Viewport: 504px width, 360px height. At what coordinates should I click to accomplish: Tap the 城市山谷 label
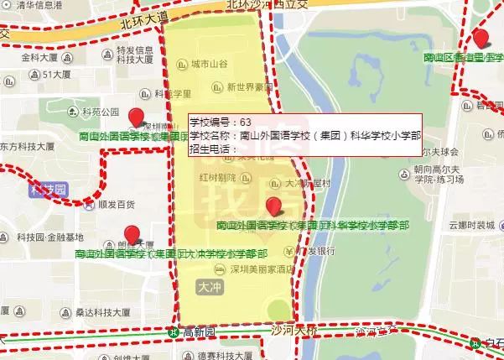pos(208,64)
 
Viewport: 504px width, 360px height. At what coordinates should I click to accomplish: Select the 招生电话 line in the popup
pos(213,149)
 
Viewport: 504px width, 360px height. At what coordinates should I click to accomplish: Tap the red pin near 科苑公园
pos(138,117)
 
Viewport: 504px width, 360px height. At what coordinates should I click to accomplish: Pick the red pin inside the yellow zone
pos(273,206)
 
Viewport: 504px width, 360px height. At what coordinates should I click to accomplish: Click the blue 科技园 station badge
pos(46,190)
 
